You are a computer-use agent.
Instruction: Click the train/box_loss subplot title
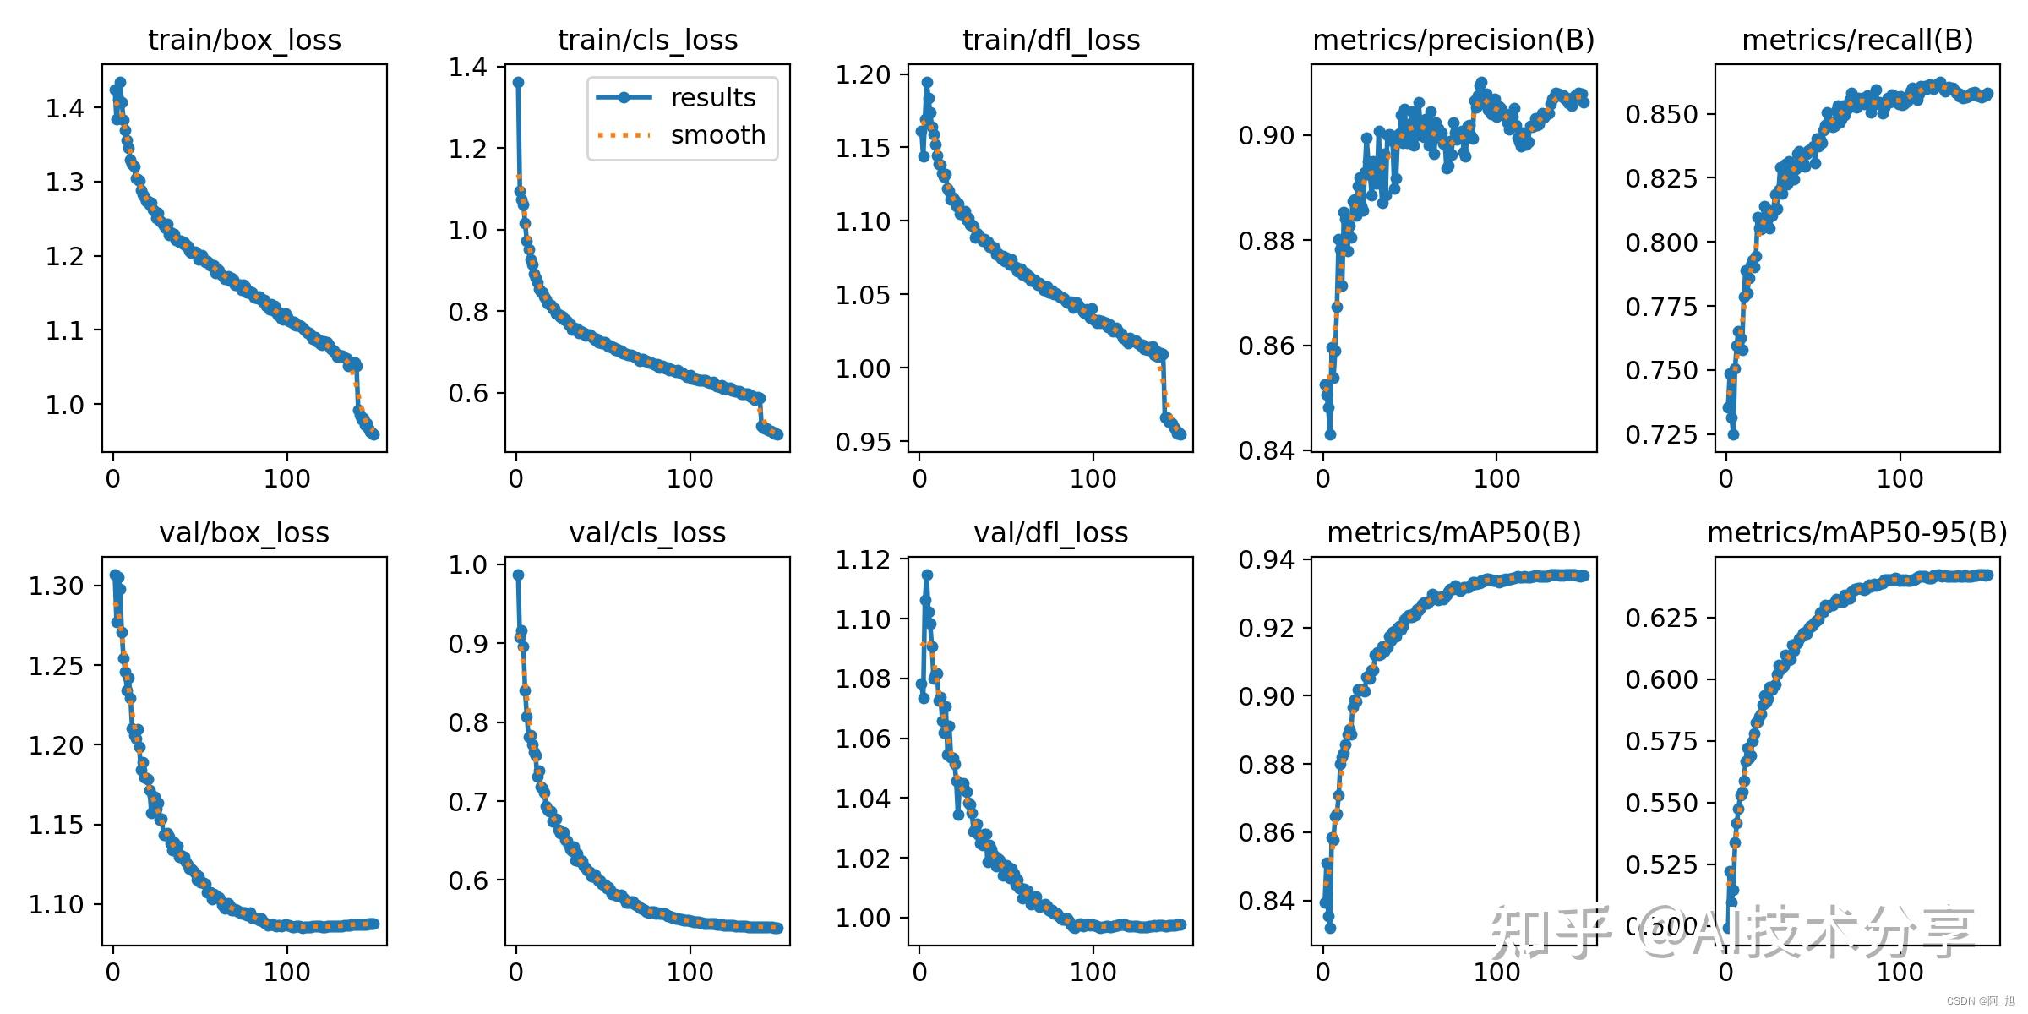pos(244,40)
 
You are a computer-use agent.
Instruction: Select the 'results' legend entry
pos(712,98)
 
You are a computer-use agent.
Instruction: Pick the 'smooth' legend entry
pos(717,135)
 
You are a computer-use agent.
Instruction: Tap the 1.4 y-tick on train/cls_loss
pos(468,68)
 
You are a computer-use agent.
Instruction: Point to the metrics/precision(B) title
pos(1453,40)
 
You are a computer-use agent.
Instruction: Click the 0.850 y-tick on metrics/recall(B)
pos(1660,114)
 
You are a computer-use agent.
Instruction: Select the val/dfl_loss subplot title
pos(1050,533)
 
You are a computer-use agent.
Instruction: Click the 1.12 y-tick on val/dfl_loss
pos(863,559)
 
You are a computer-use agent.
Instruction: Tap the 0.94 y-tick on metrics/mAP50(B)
pos(1266,559)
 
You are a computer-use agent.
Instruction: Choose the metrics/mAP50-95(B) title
pos(1857,533)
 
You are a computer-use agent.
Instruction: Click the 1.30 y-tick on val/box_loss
pos(57,586)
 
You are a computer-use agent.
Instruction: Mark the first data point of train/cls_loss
pos(518,82)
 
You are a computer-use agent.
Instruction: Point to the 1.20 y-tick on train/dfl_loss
pos(863,74)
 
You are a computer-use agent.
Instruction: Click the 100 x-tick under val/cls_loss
pos(690,972)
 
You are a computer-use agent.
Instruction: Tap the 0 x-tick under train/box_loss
pos(113,479)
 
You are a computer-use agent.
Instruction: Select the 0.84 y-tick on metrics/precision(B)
pos(1266,450)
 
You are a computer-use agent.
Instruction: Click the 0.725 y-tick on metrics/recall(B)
pos(1660,434)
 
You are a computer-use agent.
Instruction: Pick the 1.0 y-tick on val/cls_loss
pos(468,564)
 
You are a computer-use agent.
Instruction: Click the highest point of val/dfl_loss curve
pos(927,575)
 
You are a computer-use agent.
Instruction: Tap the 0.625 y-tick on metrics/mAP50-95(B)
pos(1660,618)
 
